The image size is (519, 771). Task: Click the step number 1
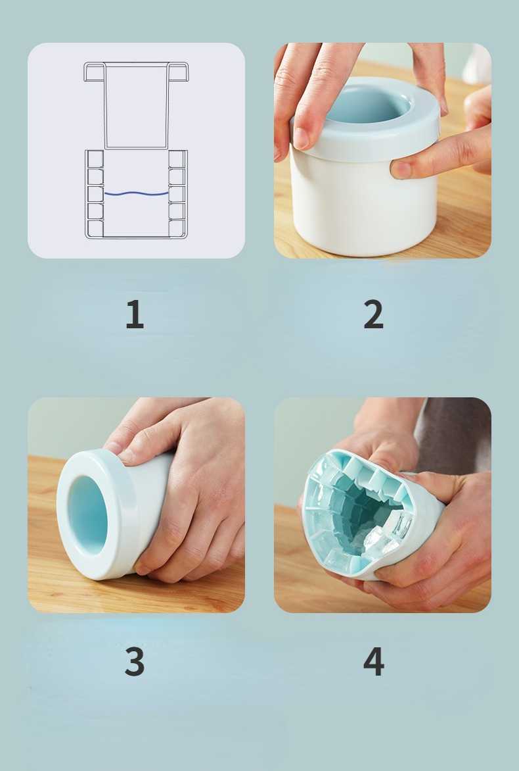(135, 314)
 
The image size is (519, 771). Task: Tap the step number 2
(374, 314)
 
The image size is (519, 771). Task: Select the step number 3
(135, 661)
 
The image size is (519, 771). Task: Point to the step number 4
(374, 661)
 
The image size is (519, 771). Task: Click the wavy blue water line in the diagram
(137, 193)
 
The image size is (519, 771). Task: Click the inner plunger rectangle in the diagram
(137, 106)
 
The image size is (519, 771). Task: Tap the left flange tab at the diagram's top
(95, 72)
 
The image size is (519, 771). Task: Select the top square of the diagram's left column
(95, 159)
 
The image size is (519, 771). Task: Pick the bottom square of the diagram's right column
(177, 228)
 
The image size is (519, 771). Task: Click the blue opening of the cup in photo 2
(367, 103)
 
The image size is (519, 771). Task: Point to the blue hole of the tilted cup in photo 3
(87, 514)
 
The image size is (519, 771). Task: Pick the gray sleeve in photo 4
(454, 433)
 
